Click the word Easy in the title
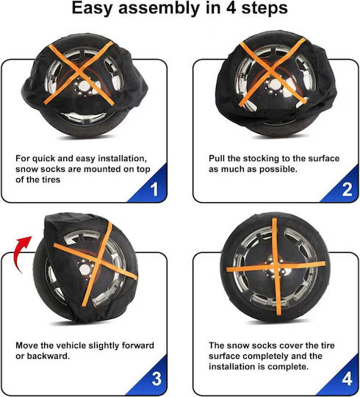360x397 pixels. click(x=92, y=8)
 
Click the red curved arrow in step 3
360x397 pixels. click(x=21, y=253)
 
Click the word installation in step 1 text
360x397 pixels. click(x=122, y=159)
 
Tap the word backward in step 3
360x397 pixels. click(x=48, y=356)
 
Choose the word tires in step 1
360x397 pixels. click(x=51, y=180)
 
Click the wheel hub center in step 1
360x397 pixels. click(x=84, y=86)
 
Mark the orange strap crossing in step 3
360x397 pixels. click(x=99, y=261)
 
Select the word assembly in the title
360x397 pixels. click(x=159, y=9)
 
